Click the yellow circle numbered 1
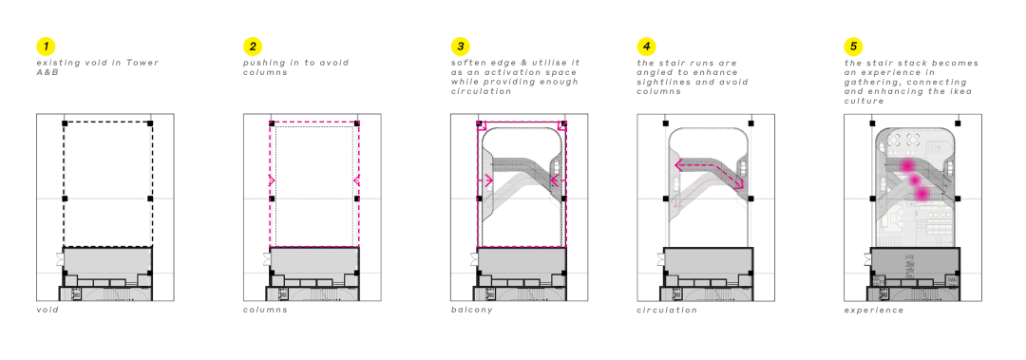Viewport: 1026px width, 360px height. pos(46,47)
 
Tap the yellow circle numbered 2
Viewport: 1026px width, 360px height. pos(253,47)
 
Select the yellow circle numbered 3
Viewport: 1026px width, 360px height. pos(460,47)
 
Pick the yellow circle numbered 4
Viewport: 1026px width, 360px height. pos(646,47)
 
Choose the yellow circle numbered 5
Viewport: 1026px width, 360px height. pos(853,47)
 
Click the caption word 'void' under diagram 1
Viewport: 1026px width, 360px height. pos(47,310)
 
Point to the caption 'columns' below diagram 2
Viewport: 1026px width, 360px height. pos(265,310)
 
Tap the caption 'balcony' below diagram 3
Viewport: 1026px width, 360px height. pos(471,311)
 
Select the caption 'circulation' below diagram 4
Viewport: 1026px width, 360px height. pos(667,310)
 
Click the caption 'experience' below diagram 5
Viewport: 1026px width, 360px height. pos(874,311)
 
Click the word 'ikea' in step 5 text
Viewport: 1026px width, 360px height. pos(959,91)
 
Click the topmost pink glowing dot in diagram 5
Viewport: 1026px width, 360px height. pos(907,165)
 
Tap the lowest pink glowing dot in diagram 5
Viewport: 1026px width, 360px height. pos(922,194)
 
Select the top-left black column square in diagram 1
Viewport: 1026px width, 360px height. pos(65,123)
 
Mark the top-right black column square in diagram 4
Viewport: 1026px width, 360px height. pos(750,123)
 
